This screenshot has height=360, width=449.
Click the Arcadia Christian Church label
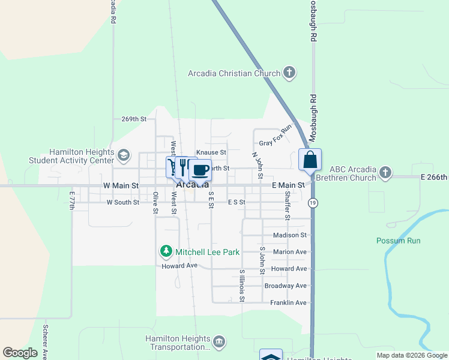[x=234, y=74]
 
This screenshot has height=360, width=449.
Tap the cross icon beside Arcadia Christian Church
[x=289, y=74]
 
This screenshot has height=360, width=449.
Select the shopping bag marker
[x=310, y=160]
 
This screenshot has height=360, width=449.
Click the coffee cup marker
[x=200, y=170]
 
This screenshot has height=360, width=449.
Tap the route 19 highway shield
[x=313, y=203]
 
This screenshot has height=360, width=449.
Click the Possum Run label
[x=399, y=241]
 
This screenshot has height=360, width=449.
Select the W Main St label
[x=121, y=186]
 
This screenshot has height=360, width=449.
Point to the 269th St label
[x=134, y=119]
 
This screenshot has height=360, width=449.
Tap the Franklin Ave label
[x=288, y=303]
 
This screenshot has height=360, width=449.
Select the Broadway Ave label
[x=286, y=286]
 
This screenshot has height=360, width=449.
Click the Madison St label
[x=290, y=235]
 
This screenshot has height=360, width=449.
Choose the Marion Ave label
[x=289, y=252]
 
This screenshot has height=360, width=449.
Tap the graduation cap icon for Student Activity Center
[x=124, y=155]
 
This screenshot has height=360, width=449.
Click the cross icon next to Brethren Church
[x=385, y=173]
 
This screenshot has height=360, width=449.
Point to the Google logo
[x=20, y=353]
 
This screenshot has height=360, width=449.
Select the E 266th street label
[x=434, y=178]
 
